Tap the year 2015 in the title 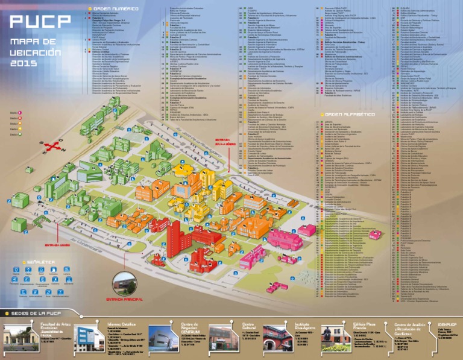click(x=23, y=63)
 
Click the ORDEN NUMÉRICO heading click(x=116, y=9)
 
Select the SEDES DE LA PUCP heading click(x=35, y=314)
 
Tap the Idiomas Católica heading click(x=120, y=324)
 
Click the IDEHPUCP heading click(x=446, y=324)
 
